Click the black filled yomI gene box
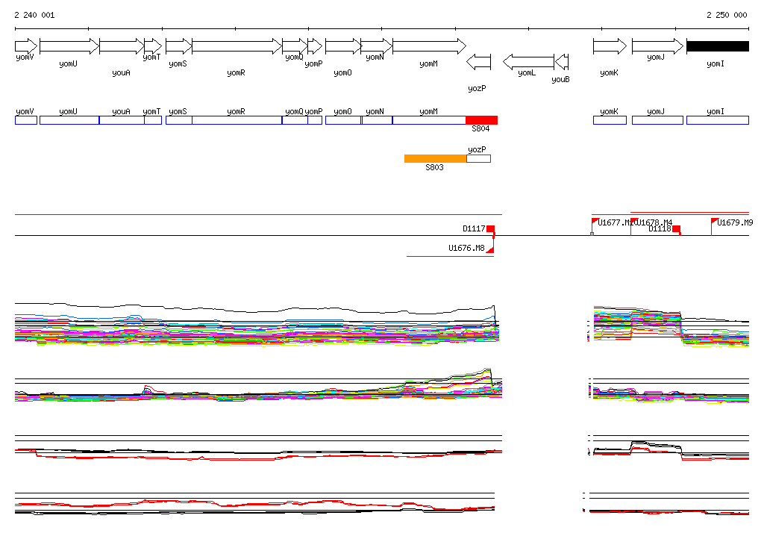717,46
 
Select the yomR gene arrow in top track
237,46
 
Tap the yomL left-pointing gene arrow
528,61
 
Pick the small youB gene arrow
562,61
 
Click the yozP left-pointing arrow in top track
478,61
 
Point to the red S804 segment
481,120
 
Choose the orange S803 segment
435,158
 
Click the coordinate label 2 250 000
726,15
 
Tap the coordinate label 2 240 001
34,15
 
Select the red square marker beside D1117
490,229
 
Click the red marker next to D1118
676,229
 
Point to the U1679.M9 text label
735,222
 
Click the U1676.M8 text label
466,248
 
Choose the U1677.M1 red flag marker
595,221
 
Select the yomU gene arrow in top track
69,46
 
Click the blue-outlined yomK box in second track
610,120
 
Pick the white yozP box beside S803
478,158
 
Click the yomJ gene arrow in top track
657,46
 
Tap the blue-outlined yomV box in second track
25,120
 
